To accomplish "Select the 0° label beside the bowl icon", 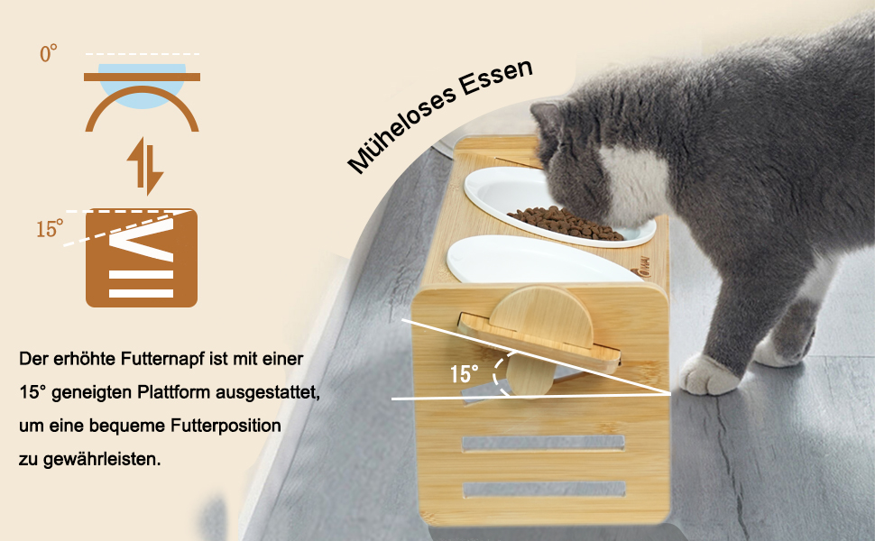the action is [49, 53].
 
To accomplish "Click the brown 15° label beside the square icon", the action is [50, 229].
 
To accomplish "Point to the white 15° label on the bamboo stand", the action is [465, 373].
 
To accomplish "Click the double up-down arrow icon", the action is [145, 166].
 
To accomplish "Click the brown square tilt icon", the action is [142, 258].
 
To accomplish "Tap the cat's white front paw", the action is [709, 375].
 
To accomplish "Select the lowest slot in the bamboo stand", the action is [544, 490].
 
